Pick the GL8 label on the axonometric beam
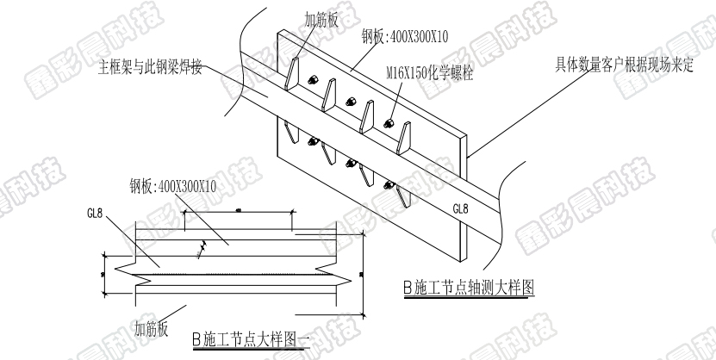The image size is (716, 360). click(x=460, y=209)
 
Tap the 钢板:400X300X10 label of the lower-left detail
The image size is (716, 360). click(x=173, y=185)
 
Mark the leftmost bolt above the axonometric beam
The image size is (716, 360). click(x=313, y=81)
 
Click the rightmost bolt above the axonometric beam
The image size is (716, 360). click(x=390, y=121)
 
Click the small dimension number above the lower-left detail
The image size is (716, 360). click(x=235, y=211)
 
